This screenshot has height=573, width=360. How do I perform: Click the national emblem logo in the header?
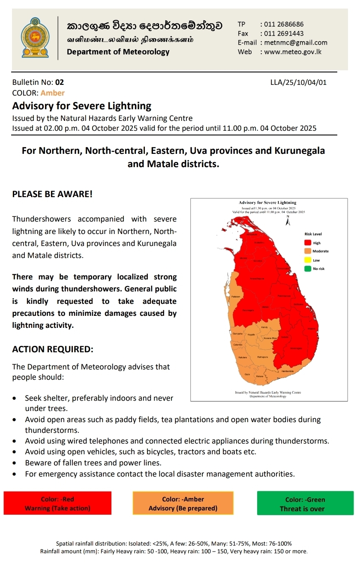(x=35, y=38)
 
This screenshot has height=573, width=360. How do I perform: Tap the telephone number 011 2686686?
(x=284, y=24)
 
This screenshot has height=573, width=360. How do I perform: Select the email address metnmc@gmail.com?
(x=296, y=42)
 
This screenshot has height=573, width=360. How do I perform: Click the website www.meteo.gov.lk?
(x=293, y=52)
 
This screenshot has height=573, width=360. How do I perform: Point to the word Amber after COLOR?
(x=53, y=93)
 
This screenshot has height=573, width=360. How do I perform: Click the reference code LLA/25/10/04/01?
(x=298, y=82)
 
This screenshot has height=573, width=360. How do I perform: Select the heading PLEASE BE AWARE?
(x=52, y=194)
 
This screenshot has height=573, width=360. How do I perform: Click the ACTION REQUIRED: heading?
(x=52, y=349)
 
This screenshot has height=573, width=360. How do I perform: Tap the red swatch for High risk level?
(x=307, y=243)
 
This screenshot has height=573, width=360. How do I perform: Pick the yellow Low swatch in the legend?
(x=307, y=260)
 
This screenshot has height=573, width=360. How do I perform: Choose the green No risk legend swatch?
(x=307, y=269)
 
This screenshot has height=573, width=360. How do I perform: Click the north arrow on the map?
(x=288, y=220)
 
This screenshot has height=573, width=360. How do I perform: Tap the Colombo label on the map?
(x=237, y=345)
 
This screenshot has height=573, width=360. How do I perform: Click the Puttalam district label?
(x=235, y=296)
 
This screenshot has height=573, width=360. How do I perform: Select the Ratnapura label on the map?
(x=263, y=357)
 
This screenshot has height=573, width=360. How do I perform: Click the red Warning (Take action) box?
(x=57, y=504)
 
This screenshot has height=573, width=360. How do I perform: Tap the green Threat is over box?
(x=305, y=504)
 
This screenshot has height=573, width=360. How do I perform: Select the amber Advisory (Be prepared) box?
(x=183, y=504)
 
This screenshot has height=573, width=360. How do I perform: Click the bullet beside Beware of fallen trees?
(x=15, y=463)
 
